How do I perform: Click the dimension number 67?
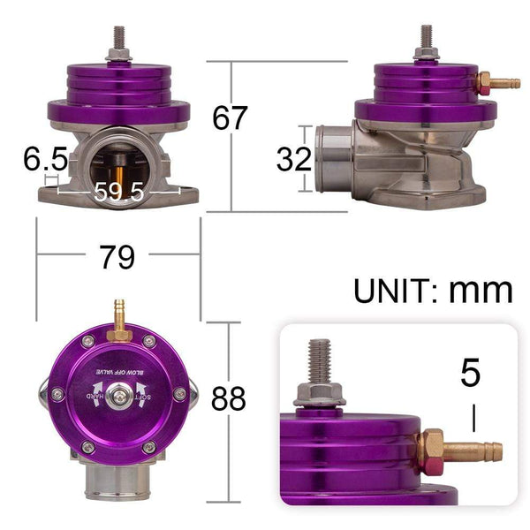(231, 117)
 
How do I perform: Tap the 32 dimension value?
(294, 159)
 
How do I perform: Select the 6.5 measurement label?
(45, 160)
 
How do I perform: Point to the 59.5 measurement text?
(119, 191)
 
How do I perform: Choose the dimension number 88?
(229, 399)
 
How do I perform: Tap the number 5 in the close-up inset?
(471, 373)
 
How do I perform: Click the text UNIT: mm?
(433, 289)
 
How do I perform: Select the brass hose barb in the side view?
(496, 85)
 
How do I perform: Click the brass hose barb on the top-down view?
(117, 319)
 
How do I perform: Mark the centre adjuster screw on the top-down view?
(118, 397)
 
